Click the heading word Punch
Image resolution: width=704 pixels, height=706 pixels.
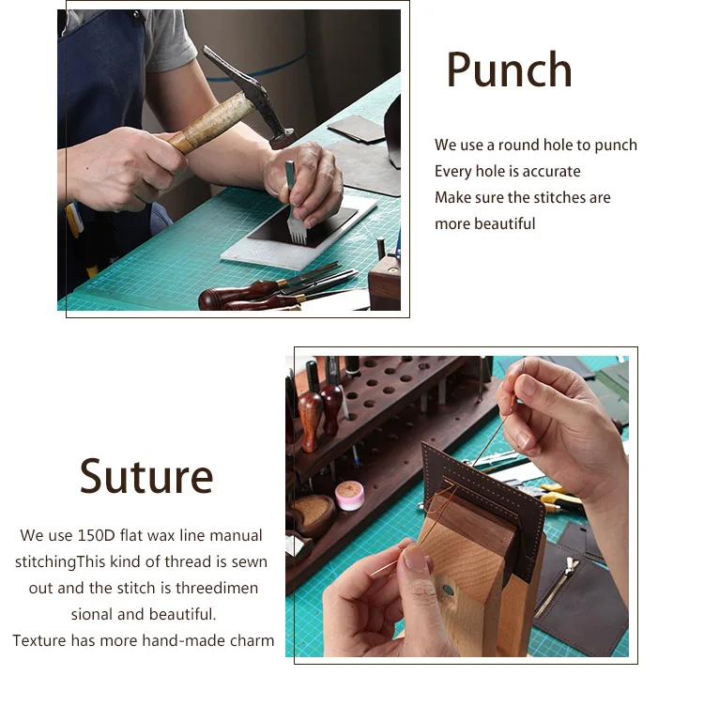pyautogui.click(x=509, y=69)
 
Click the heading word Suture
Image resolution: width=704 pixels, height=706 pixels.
pyautogui.click(x=146, y=476)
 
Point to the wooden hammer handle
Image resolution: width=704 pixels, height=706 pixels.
pyautogui.click(x=211, y=122)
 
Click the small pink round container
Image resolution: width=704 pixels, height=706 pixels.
pyautogui.click(x=349, y=496)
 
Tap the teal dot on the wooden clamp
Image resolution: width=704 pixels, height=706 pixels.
pyautogui.click(x=448, y=590)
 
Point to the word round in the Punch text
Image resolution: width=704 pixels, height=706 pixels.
pyautogui.click(x=518, y=146)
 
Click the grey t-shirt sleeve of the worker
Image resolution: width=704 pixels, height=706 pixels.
pyautogui.click(x=170, y=40)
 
